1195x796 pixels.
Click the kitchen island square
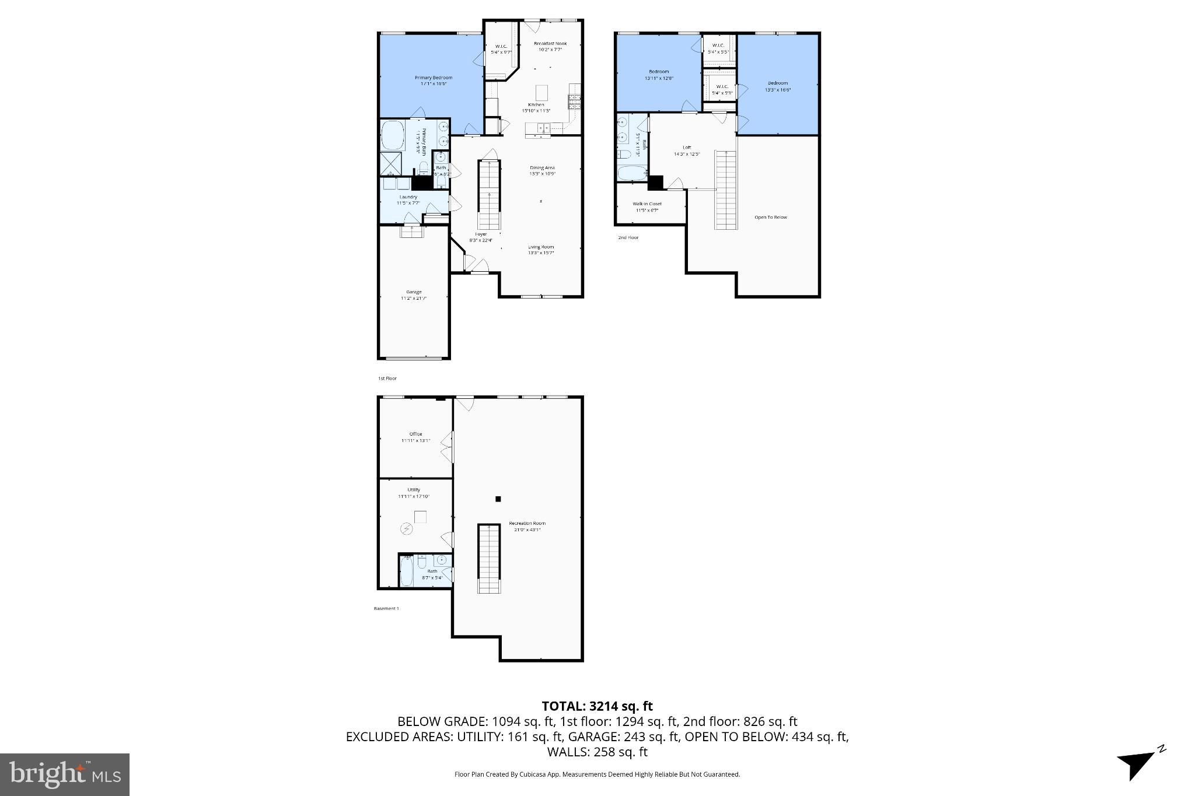coord(542,93)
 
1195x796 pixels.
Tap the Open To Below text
coord(770,218)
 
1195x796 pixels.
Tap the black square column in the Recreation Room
coord(498,499)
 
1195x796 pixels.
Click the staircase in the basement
coord(490,558)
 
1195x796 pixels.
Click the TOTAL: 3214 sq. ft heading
coord(597,707)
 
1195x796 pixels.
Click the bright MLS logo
coord(65,774)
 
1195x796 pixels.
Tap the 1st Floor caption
coord(387,378)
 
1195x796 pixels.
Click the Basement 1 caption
coord(386,608)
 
